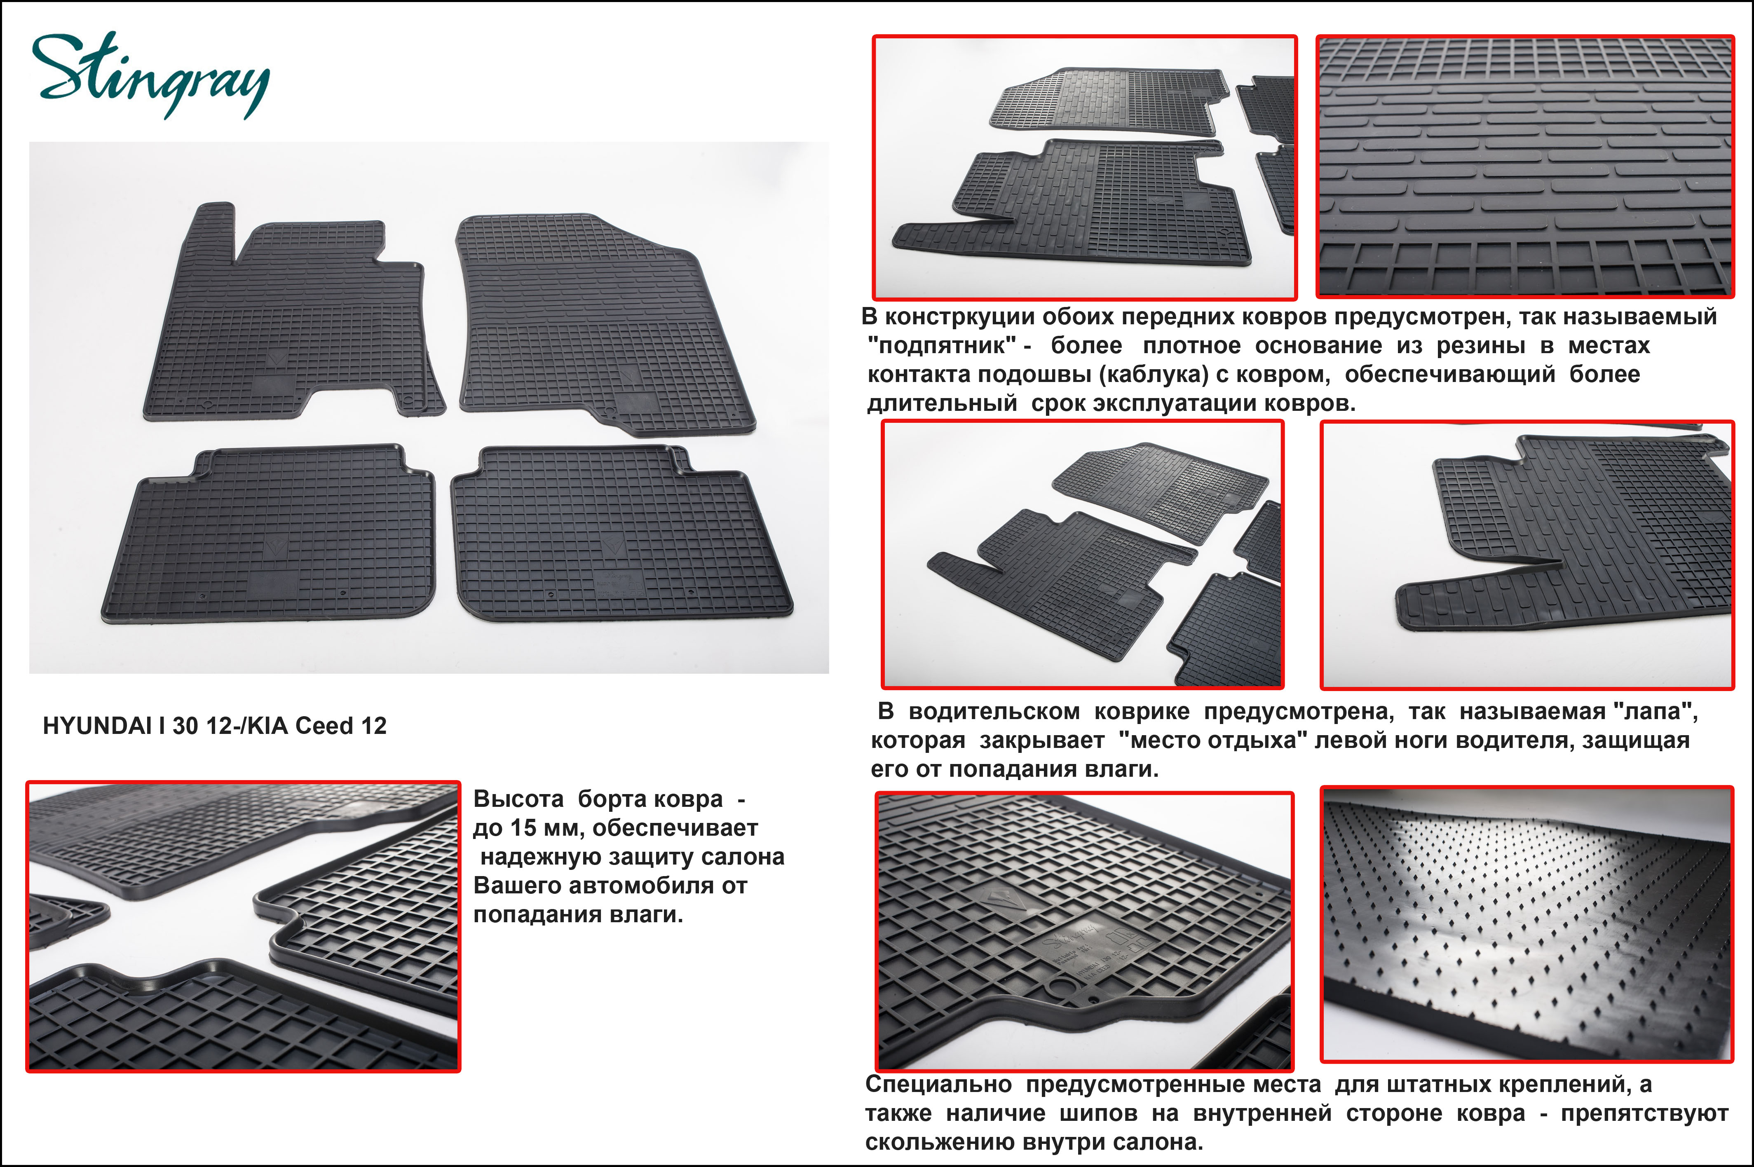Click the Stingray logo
(x=151, y=75)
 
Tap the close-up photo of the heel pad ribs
(x=1526, y=167)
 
